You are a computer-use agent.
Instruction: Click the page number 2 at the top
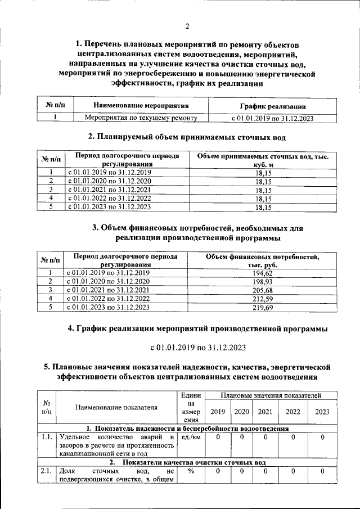(x=187, y=25)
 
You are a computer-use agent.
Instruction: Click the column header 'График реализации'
(x=272, y=106)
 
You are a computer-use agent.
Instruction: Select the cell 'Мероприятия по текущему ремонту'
(x=141, y=118)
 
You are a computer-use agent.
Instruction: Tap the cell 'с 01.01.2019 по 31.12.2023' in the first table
(x=272, y=118)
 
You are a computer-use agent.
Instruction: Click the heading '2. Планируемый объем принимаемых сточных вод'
(x=187, y=137)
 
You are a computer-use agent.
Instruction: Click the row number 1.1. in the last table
(x=47, y=437)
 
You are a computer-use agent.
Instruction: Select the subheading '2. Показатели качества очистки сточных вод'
(x=187, y=462)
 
